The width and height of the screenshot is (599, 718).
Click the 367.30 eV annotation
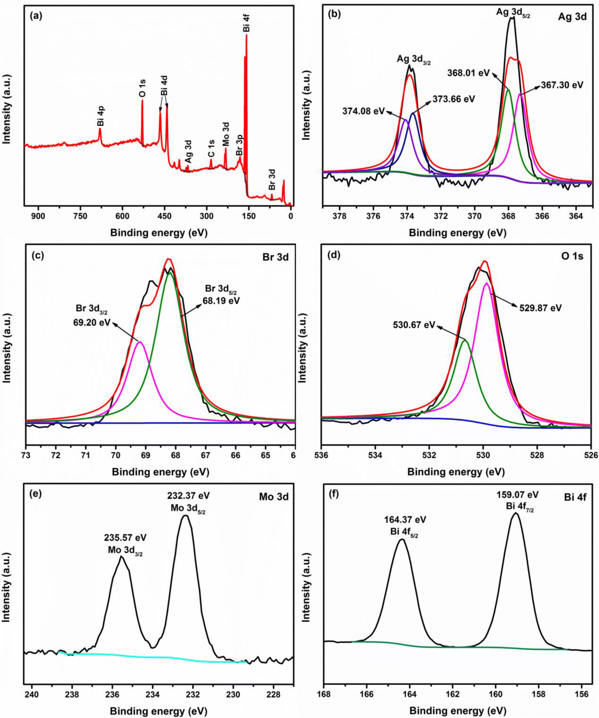[562, 85]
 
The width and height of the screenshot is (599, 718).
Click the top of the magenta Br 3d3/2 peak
[140, 341]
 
